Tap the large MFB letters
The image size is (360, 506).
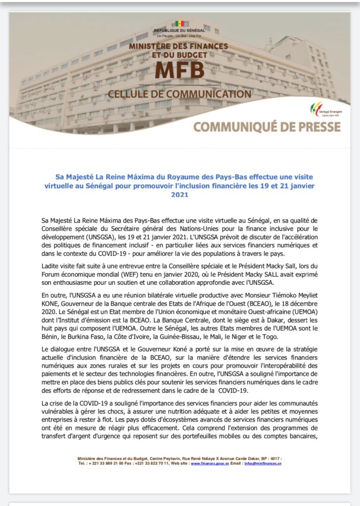180,70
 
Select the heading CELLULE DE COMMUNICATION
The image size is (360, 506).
180,94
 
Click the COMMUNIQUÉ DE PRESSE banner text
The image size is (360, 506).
267,126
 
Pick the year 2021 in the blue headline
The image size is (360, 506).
180,194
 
